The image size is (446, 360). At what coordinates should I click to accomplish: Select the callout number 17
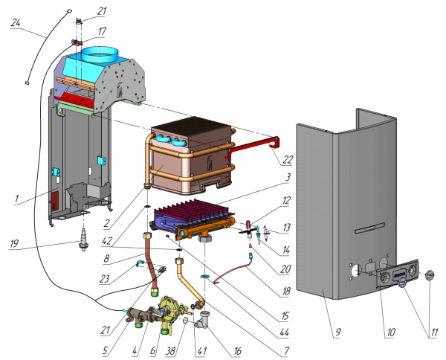[102, 31]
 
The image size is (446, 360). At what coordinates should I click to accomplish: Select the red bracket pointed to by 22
[253, 146]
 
